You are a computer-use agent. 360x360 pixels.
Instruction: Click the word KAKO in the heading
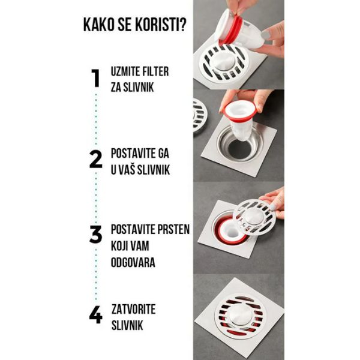pos(99,25)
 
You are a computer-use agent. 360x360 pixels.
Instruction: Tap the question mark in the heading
pos(182,25)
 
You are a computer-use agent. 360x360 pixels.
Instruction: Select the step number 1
pos(95,78)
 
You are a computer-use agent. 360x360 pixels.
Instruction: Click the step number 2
pos(95,159)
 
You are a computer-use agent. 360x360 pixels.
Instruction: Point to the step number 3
pos(95,234)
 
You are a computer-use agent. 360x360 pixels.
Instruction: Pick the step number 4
pos(95,314)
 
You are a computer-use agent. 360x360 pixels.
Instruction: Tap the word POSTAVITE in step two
pos(132,153)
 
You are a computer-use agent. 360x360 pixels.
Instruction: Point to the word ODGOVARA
pos(133,262)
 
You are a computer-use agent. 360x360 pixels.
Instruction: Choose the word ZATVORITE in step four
pos(133,309)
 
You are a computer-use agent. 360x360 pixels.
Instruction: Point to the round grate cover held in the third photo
pos(254,217)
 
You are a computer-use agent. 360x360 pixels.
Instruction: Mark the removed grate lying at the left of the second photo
pos(199,116)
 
